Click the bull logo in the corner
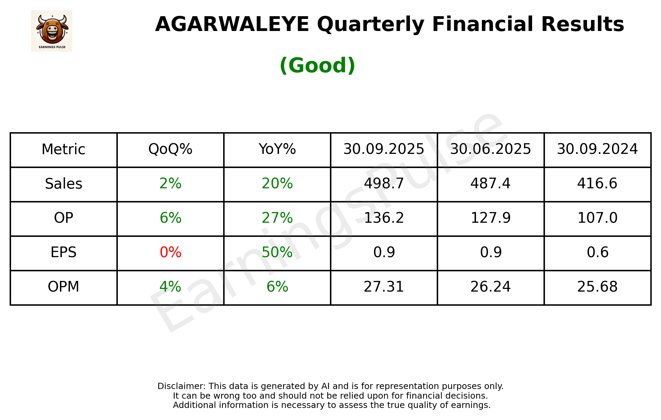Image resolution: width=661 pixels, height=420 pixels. [52, 31]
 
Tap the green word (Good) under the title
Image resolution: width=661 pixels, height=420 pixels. [317, 65]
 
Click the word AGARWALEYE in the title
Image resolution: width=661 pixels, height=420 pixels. [232, 24]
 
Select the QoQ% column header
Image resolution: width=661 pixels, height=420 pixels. [170, 149]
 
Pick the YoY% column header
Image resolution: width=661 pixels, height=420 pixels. [277, 149]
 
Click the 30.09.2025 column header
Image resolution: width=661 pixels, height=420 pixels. [384, 149]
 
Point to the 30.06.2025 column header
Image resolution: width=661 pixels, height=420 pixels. [490, 149]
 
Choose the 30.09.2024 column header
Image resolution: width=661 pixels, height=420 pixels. [597, 149]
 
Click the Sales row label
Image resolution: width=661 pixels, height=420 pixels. [64, 184]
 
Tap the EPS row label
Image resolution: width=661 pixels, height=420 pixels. [64, 253]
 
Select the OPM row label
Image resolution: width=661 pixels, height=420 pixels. [64, 287]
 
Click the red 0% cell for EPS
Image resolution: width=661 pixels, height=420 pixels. [170, 253]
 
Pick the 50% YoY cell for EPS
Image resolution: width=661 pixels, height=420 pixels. [277, 253]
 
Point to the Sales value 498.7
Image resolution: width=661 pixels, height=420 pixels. [384, 184]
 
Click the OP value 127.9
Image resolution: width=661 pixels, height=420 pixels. [490, 218]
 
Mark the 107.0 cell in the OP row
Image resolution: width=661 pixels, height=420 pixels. [597, 218]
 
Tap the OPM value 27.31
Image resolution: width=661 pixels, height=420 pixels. [384, 287]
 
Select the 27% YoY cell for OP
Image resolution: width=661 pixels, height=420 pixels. [277, 218]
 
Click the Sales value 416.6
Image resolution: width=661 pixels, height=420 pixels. [597, 184]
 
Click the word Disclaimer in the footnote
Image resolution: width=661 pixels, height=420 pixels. [181, 386]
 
